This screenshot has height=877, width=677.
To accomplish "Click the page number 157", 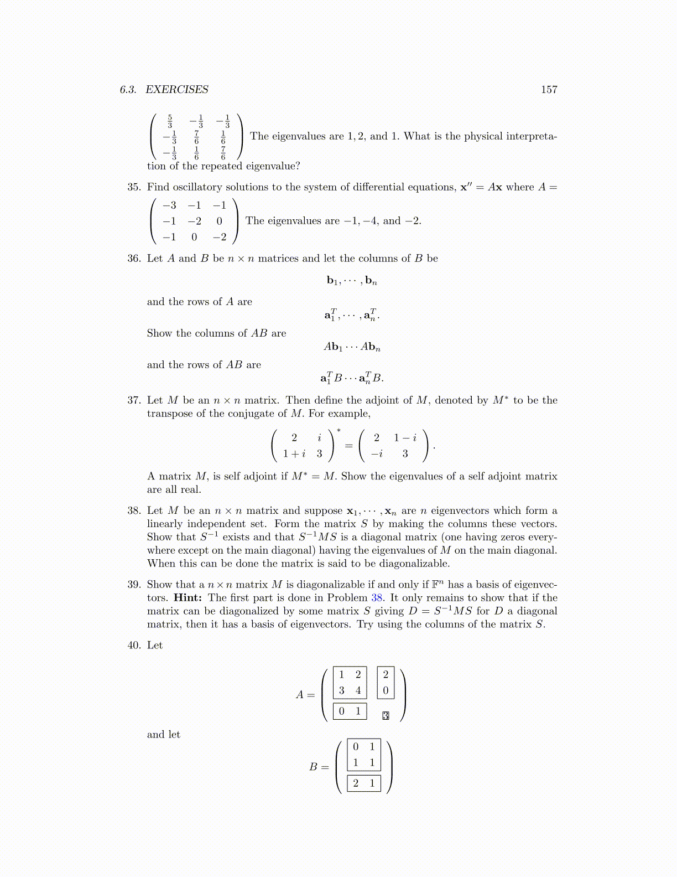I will [549, 90].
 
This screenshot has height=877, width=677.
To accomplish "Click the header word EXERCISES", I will [177, 90].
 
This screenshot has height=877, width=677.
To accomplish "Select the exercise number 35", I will [134, 187].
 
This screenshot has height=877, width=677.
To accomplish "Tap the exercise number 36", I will [134, 259].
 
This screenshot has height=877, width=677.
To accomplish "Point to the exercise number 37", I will [134, 400].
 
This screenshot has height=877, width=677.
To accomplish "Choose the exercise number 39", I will [134, 585].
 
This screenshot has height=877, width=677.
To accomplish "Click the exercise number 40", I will [134, 646].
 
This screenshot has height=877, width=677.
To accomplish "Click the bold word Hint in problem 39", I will [188, 598].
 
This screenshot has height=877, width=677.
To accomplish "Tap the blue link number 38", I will [377, 598].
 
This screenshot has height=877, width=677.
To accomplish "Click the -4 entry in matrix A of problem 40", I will [358, 690].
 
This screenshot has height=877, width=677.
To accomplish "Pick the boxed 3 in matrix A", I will [386, 716].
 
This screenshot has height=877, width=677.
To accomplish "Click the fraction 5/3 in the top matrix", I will [170, 121].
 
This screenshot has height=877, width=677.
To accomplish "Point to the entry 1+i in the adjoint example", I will [294, 453].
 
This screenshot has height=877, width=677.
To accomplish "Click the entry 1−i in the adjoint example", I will [405, 438].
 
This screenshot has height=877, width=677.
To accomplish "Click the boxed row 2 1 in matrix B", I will [364, 783].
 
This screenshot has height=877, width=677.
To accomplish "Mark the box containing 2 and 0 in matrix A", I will [386, 682].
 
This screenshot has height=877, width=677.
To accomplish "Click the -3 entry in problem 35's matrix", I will [169, 205].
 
